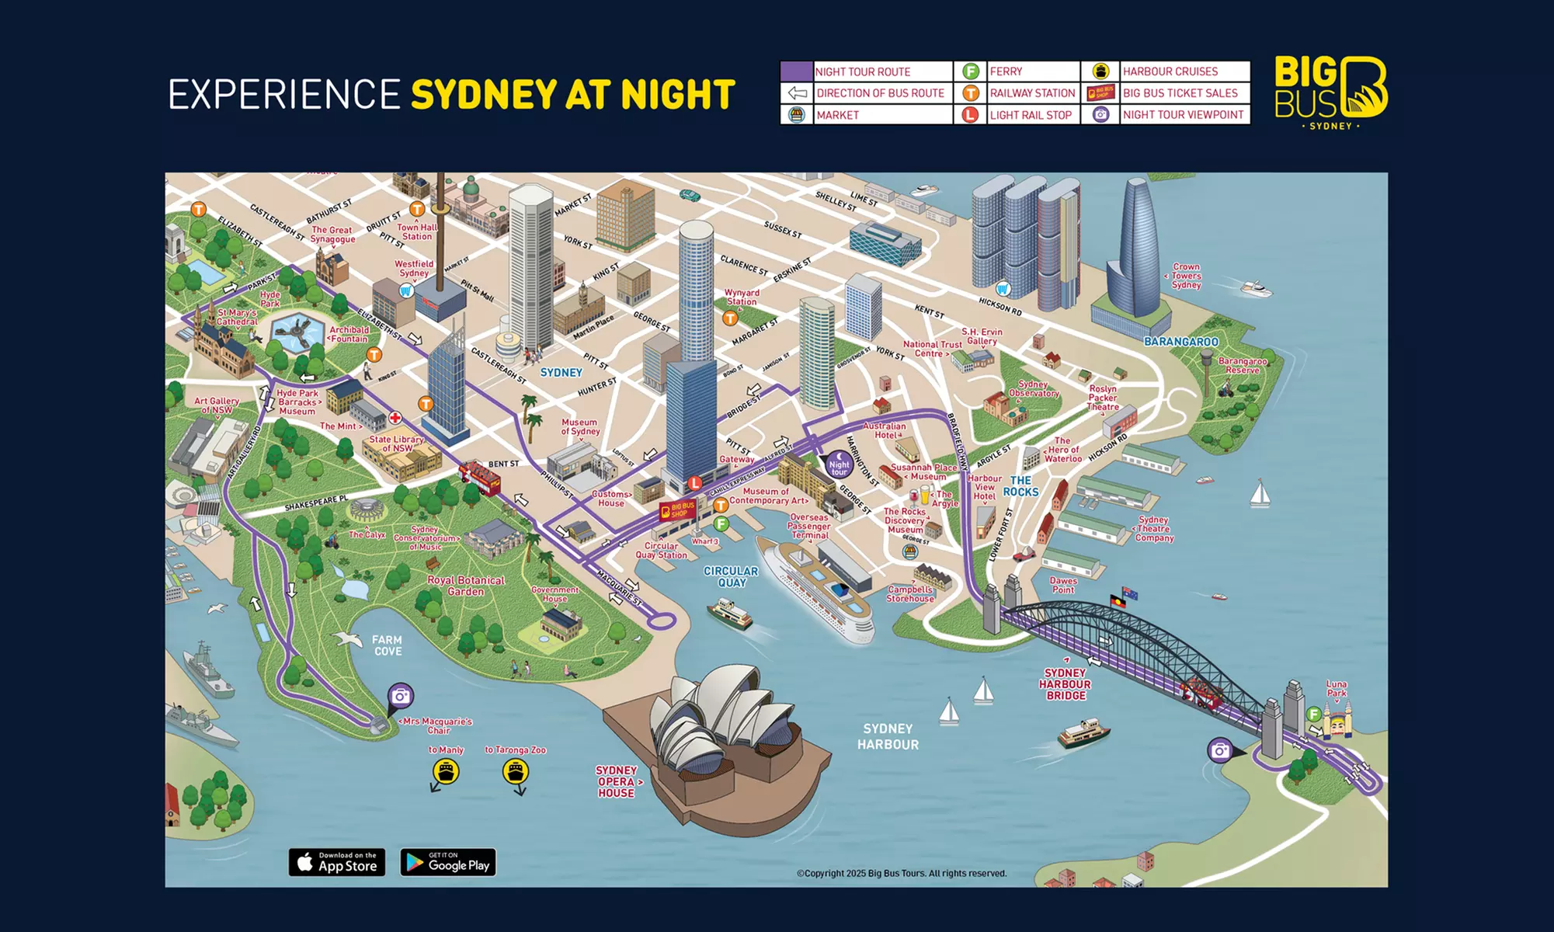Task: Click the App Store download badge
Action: click(337, 862)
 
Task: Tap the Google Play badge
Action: click(448, 862)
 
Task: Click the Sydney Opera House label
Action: click(617, 781)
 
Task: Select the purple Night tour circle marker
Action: click(839, 464)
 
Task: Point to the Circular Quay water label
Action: click(731, 576)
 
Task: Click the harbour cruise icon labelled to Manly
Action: click(446, 771)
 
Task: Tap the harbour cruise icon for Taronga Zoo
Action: click(516, 771)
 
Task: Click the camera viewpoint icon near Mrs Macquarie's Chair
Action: click(401, 696)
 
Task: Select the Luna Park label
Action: click(1337, 688)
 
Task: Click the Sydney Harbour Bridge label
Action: click(1066, 684)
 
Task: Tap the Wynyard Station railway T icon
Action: click(730, 318)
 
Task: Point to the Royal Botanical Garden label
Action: click(466, 586)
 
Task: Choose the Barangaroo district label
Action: click(1181, 342)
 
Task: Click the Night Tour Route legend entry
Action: click(862, 71)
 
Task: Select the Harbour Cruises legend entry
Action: click(1170, 71)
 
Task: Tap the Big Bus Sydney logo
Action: click(1331, 92)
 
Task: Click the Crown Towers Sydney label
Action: click(1186, 276)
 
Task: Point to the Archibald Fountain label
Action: click(349, 334)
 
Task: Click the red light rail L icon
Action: click(695, 483)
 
